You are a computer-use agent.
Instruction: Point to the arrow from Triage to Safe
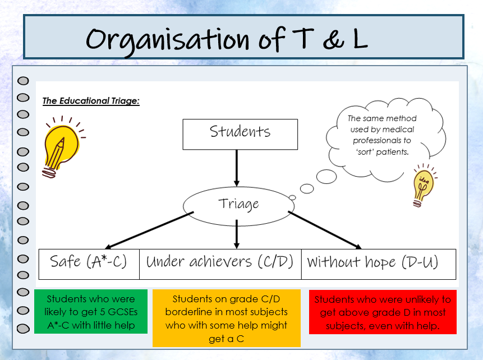(x=149, y=230)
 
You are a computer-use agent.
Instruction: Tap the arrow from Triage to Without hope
(x=325, y=230)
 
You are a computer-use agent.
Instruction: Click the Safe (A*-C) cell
(x=89, y=262)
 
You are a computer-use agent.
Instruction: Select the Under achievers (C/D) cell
(x=220, y=262)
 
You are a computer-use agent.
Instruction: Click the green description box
(x=90, y=312)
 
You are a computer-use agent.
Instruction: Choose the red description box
(x=383, y=312)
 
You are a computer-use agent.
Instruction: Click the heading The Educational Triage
(x=91, y=101)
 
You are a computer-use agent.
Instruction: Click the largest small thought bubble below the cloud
(x=326, y=177)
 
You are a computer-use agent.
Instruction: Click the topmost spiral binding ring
(x=23, y=81)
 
